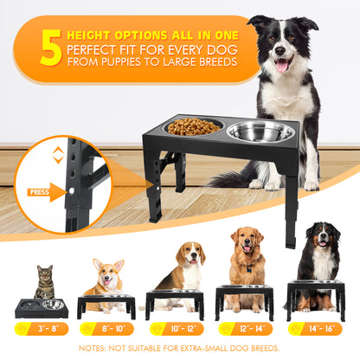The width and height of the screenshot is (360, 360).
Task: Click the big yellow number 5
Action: point(51,48)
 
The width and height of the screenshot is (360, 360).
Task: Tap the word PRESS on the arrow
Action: point(40,192)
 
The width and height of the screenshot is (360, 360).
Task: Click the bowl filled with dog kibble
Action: point(194,126)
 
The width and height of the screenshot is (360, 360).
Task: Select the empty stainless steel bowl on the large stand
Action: point(260,132)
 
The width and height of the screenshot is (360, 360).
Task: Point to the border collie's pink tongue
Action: point(282,66)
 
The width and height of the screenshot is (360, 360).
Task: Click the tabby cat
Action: point(45,283)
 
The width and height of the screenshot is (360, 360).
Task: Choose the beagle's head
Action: point(190,254)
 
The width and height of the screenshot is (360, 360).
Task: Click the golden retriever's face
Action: point(247,240)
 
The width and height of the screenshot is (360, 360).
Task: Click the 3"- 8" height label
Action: point(42,329)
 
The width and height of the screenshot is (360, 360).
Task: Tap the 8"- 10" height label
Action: point(106,329)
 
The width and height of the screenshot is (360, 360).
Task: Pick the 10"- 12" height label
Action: point(177,329)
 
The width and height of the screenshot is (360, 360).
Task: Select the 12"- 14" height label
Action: point(245,329)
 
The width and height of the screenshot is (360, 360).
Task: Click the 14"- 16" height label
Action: point(315,329)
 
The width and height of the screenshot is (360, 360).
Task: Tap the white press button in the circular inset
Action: point(71,190)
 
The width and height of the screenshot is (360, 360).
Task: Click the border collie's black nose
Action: point(280,51)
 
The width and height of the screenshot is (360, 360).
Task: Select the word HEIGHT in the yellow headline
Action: point(89,35)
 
